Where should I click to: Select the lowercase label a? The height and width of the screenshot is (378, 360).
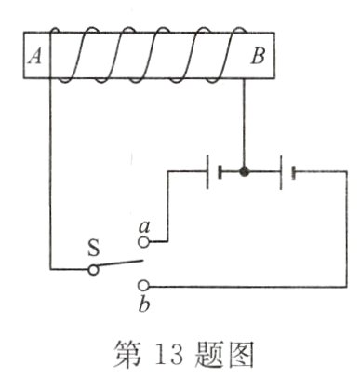(143, 224)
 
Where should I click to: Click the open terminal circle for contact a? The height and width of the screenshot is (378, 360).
(143, 242)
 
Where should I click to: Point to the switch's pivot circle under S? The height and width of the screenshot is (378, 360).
(93, 270)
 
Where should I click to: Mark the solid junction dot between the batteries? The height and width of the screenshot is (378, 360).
(245, 171)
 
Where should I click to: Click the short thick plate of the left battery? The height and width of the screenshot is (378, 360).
(220, 171)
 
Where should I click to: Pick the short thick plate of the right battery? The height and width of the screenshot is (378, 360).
(293, 171)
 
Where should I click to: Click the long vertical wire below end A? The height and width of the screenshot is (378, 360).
(49, 186)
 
